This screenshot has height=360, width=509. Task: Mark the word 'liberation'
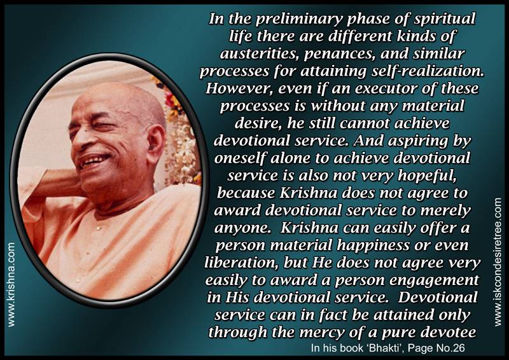click(x=242, y=263)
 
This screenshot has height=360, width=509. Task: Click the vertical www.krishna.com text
click(x=11, y=284)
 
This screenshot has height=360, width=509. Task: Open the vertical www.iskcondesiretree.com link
click(x=498, y=262)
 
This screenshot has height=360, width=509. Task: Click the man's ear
click(x=155, y=143)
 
